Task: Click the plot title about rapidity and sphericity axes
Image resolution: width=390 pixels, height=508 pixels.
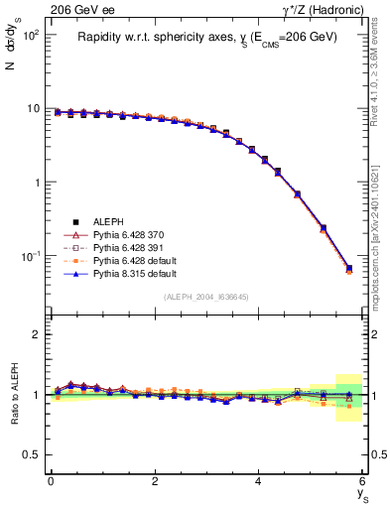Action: (207, 37)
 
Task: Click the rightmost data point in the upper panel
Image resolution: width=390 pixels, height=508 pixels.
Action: (348, 268)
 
